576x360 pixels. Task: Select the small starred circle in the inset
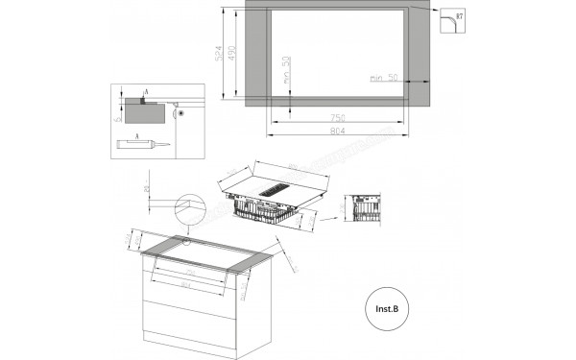pos(180,114)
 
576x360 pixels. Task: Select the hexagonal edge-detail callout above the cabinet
pos(191,207)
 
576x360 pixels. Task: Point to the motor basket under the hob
pos(264,211)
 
